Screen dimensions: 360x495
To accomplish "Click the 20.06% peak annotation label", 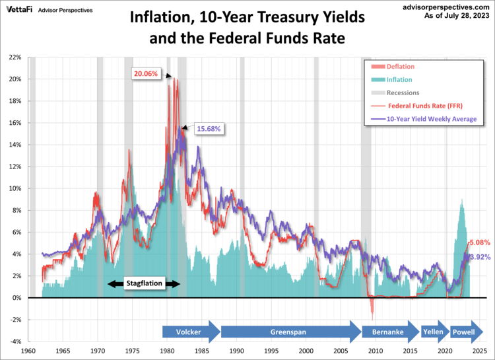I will coord(145,74).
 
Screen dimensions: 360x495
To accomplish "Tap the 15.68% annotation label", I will coord(207,127).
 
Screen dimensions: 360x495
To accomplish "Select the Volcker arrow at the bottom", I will coord(190,332).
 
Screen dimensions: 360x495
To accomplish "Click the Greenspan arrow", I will coord(289,332).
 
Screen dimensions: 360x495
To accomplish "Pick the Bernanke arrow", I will coord(389,332).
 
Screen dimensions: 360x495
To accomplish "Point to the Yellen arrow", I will coord(433,332).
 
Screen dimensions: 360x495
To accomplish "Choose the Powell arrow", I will coord(463,332).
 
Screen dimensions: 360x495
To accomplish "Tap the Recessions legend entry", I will coord(403,93).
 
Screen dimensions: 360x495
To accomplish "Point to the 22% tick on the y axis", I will coord(16,57).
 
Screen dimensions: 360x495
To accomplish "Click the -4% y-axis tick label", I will coord(16,342).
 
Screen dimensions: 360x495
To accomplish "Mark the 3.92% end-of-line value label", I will coord(480,257).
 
